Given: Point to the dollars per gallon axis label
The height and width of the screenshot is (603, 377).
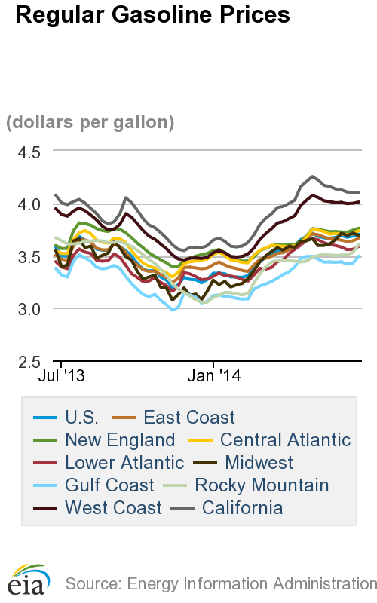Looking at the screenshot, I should coord(90,121).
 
